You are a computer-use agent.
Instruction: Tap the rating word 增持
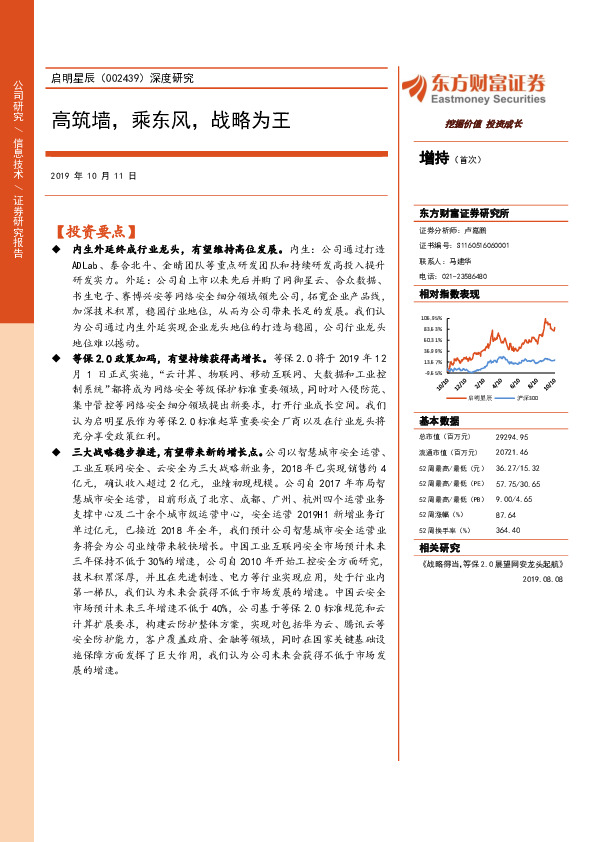click(x=435, y=158)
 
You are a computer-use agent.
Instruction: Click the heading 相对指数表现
click(x=450, y=294)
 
